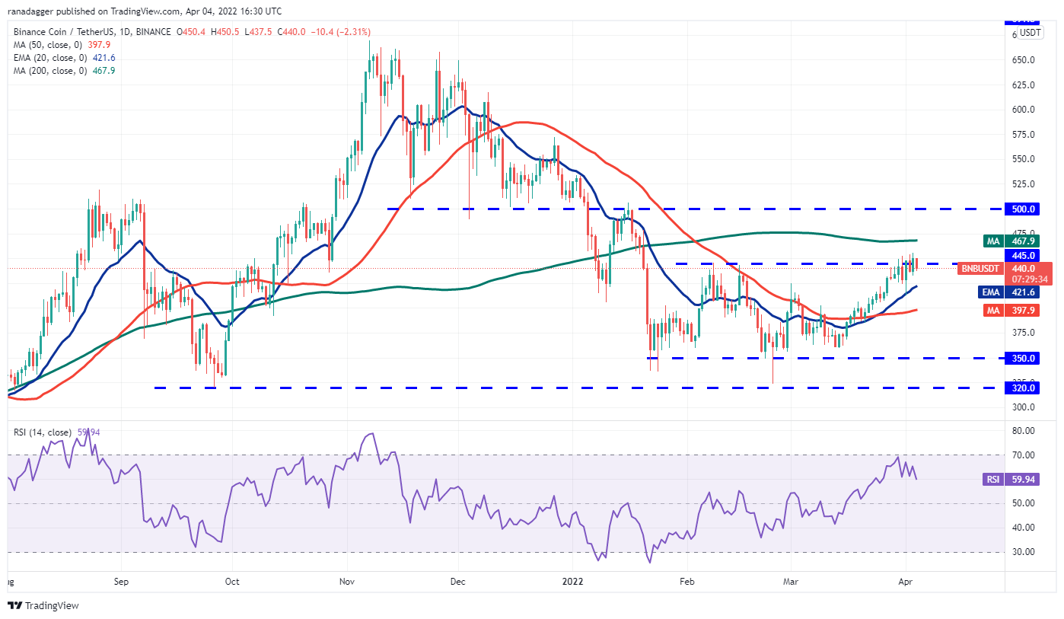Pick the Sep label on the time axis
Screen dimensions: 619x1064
click(120, 581)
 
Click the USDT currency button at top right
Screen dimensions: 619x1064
click(1031, 33)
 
